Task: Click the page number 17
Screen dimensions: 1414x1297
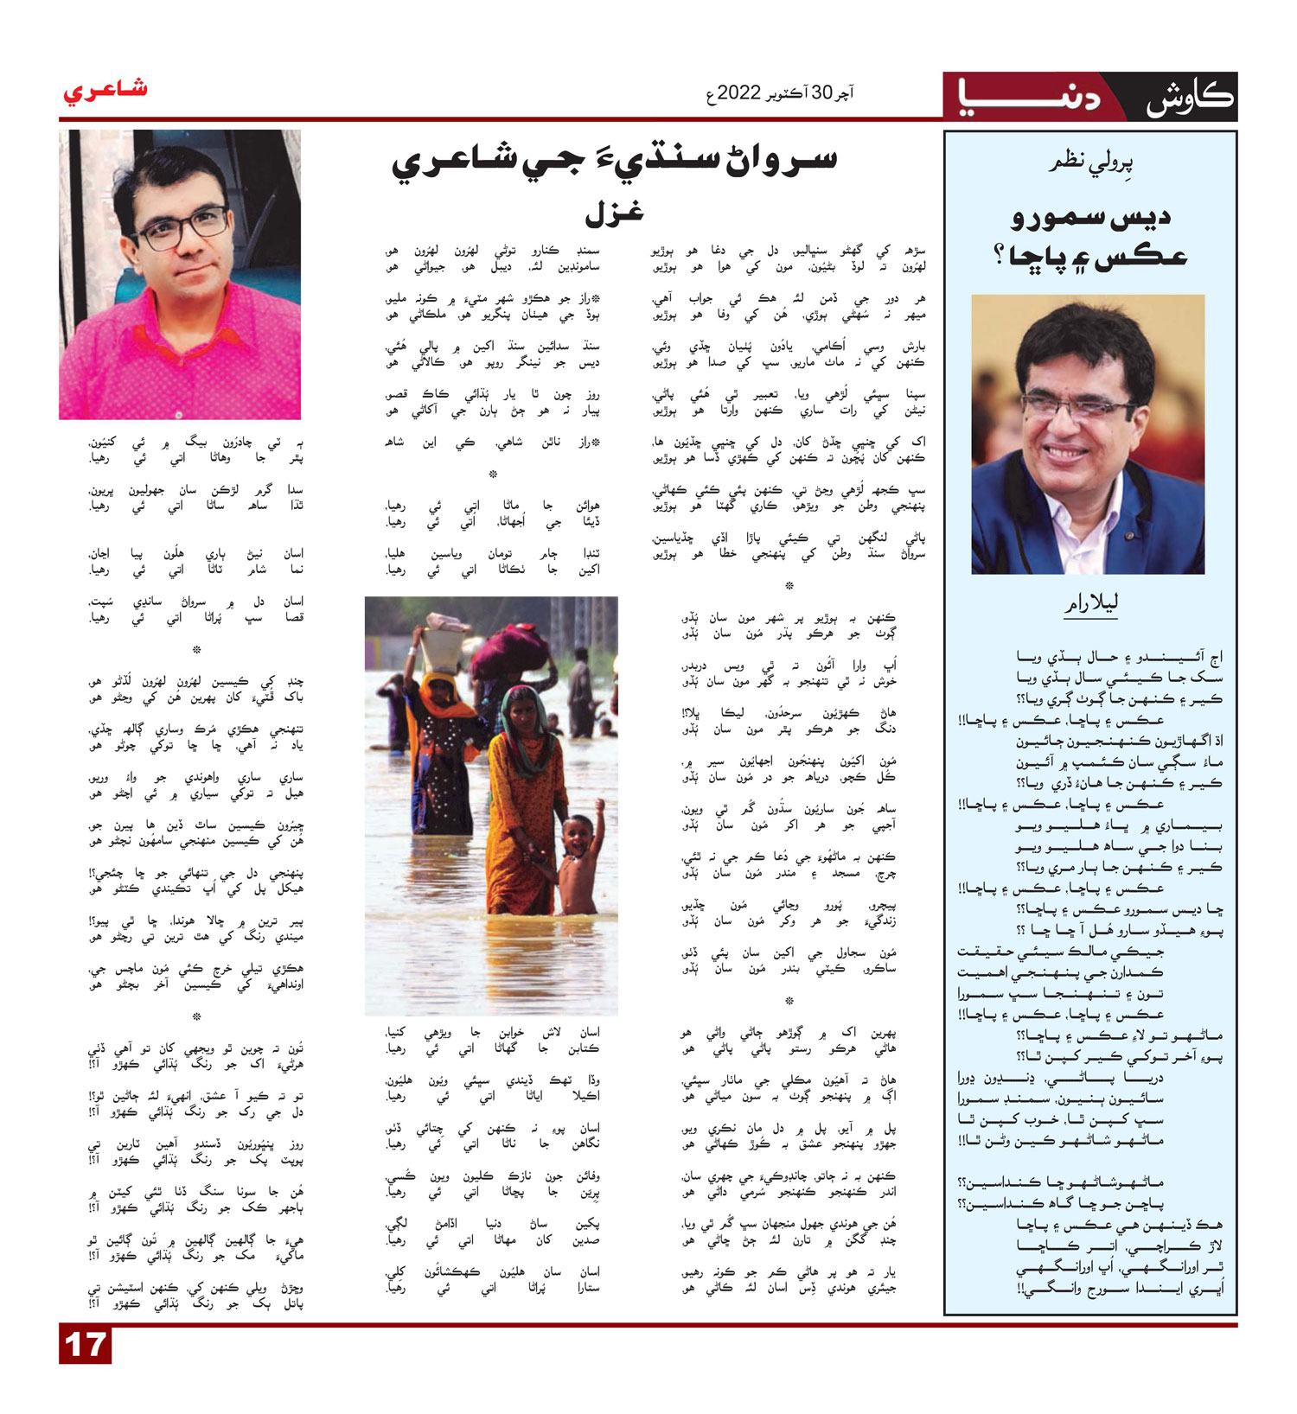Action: click(85, 1345)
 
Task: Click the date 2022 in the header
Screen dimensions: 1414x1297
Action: click(738, 92)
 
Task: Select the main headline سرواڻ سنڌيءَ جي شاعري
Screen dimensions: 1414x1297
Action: click(614, 162)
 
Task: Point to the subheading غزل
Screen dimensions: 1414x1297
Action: click(614, 212)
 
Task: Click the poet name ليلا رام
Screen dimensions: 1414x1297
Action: click(1090, 603)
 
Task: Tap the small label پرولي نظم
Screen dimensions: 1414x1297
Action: click(1090, 162)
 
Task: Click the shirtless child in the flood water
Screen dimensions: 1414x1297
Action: click(577, 864)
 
